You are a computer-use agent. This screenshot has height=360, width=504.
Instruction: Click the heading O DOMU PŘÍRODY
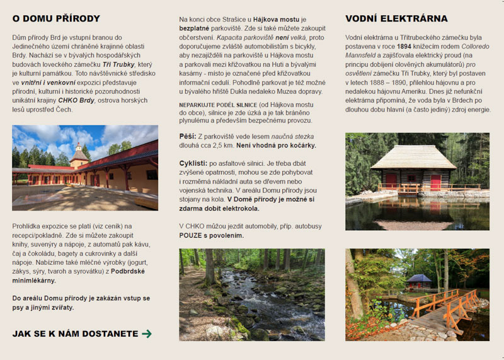coord(56,19)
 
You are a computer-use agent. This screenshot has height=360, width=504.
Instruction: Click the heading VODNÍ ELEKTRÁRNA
coord(396,19)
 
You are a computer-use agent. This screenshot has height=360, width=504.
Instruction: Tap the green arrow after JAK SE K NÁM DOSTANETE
coord(147,334)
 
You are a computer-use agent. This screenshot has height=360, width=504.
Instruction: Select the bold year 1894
coord(404,46)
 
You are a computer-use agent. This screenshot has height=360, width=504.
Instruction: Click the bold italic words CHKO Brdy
coord(76,100)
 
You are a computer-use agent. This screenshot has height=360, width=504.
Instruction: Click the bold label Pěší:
coord(188,136)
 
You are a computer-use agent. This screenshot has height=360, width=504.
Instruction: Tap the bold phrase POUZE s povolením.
coord(212,235)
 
